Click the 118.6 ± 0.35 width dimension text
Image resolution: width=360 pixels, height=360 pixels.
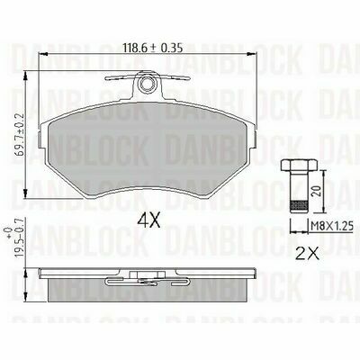[x=153, y=48]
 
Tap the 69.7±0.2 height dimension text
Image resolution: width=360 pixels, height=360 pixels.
[x=21, y=133]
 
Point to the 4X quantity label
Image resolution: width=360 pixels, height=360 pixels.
[x=149, y=221]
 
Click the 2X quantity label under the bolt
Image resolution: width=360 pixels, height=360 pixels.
[x=307, y=253]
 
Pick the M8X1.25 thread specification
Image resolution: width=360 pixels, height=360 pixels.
[x=331, y=225]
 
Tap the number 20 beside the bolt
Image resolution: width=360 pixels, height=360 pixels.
[x=316, y=191]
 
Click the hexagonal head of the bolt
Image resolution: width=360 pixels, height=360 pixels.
[x=299, y=166]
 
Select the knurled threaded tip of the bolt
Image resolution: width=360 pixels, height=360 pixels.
[x=299, y=207]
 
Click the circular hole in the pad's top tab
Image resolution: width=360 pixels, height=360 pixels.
[x=148, y=84]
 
